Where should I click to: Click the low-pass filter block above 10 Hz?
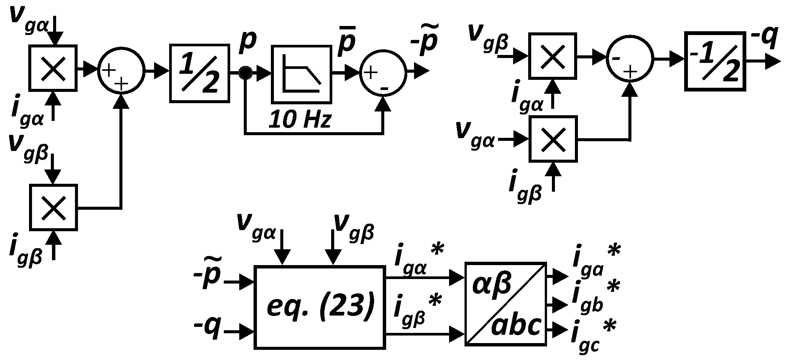(x=301, y=75)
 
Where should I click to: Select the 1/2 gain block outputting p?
(x=200, y=73)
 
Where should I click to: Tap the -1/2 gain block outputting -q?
(x=715, y=61)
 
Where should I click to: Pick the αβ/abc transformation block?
(x=506, y=304)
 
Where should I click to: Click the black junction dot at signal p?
(x=246, y=72)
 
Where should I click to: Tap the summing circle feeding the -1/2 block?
(x=630, y=59)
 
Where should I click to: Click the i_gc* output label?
(x=593, y=335)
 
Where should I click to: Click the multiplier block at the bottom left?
(x=53, y=207)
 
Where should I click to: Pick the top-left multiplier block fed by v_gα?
(x=53, y=68)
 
